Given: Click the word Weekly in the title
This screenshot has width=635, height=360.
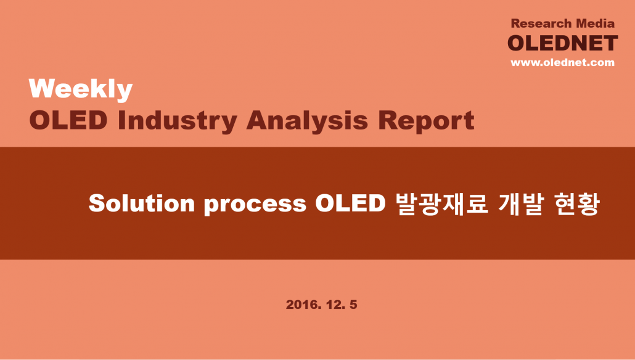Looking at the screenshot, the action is [x=81, y=89].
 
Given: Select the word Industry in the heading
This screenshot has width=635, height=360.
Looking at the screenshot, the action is [x=178, y=120].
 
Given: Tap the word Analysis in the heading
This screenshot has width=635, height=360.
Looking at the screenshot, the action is [x=307, y=120].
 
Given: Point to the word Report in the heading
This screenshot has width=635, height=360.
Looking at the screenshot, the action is [x=425, y=120].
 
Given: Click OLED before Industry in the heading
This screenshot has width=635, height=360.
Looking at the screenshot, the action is [x=68, y=120].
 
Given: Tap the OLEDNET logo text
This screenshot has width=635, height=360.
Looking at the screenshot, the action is [x=562, y=43].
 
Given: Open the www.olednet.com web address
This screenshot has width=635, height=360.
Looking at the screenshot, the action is [x=562, y=62].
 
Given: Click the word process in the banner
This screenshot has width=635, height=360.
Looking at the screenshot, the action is [x=255, y=205].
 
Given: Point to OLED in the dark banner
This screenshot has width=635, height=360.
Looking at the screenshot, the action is [x=350, y=203].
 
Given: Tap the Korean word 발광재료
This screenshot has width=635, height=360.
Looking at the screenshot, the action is [x=442, y=203].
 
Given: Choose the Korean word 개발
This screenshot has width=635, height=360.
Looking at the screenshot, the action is [x=520, y=203].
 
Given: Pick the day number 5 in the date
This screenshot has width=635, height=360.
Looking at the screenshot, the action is [x=353, y=305].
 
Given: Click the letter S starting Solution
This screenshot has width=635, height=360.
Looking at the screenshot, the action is [x=96, y=203].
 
